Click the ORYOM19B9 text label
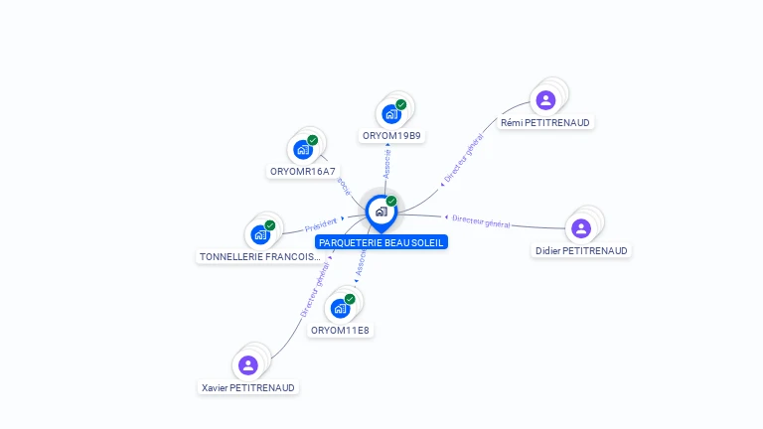pos(391,135)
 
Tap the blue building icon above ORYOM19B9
pos(391,113)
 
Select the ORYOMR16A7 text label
pos(302,171)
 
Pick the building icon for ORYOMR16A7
pos(303,150)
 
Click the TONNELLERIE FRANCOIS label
pos(260,256)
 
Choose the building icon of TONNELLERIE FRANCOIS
pos(260,235)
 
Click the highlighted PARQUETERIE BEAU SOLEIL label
pos(381,242)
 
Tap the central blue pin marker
pos(381,212)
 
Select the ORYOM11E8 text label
pos(340,330)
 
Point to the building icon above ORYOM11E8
pos(341,308)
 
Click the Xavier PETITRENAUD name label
pos(248,387)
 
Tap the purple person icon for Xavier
pos(248,364)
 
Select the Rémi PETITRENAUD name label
pos(545,122)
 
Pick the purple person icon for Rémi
pos(545,99)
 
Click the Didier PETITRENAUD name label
pos(581,250)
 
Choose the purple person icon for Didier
pos(581,228)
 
